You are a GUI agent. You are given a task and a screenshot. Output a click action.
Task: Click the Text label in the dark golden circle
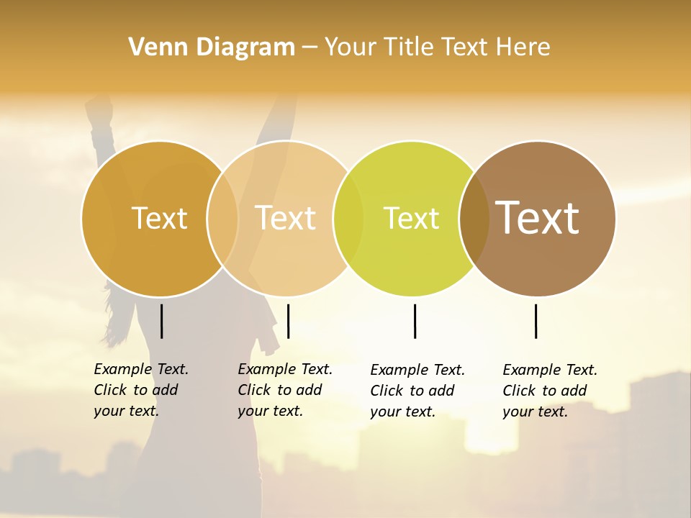coord(159,218)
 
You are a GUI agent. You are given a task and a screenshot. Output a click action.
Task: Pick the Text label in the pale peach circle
coord(286,218)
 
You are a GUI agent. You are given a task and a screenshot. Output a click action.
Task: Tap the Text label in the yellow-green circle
coord(411,218)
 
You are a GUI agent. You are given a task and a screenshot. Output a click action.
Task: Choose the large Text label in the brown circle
coord(538,217)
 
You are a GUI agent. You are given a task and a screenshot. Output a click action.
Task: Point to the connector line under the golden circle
coord(161,321)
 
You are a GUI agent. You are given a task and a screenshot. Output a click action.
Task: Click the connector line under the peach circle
coord(288,321)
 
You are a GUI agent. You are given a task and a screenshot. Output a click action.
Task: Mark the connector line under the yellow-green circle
coord(415,321)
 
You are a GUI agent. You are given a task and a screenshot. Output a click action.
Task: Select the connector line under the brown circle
coord(536,321)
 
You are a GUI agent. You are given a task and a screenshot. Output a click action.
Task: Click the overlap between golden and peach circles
coord(223,219)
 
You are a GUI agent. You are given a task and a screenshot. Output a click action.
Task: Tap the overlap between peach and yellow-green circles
coord(348,219)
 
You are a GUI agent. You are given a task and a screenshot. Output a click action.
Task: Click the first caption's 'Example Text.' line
coord(141,369)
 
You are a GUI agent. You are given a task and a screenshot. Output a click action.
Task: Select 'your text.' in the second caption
coord(271,411)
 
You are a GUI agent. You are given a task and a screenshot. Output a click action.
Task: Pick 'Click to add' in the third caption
coord(412,391)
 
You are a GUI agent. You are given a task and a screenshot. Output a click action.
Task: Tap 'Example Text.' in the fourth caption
coord(550,370)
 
